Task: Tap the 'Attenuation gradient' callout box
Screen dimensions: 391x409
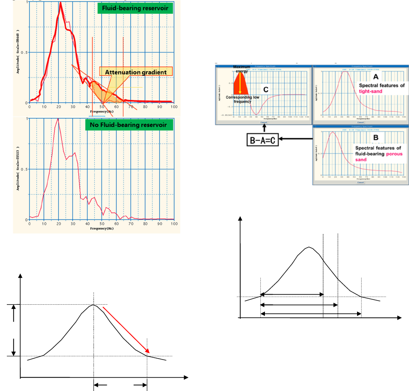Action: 136,72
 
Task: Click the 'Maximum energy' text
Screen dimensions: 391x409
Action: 241,69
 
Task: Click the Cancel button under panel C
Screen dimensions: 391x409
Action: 264,123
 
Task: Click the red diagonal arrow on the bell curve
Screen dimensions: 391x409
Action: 126,330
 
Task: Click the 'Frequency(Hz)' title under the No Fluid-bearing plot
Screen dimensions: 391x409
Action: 101,228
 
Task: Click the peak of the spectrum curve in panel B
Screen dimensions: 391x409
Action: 333,132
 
